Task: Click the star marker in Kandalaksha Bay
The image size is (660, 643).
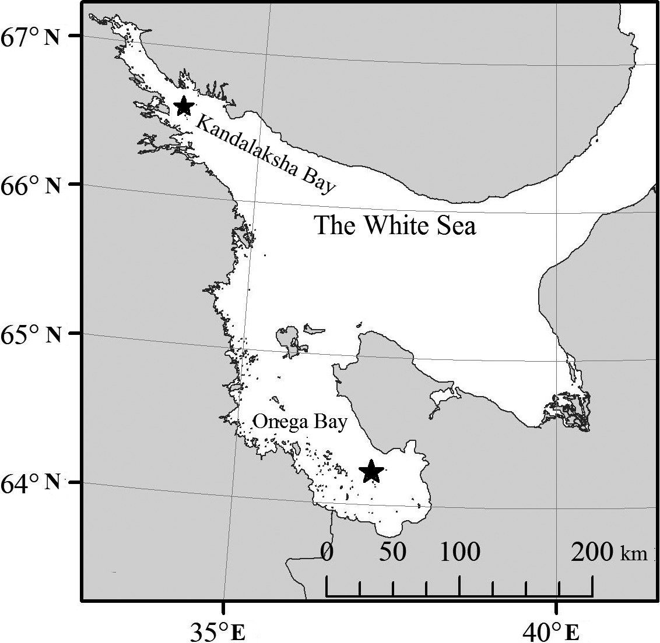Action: (x=184, y=106)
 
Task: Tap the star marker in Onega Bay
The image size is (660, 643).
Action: (x=371, y=471)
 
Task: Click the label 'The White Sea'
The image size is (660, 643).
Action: (x=395, y=225)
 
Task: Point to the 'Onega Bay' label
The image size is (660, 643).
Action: (x=300, y=422)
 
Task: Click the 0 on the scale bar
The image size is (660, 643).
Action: (x=327, y=552)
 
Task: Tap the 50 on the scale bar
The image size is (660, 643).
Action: (x=392, y=552)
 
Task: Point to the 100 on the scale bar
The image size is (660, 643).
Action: (x=459, y=552)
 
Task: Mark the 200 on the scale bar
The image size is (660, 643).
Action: (x=592, y=552)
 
